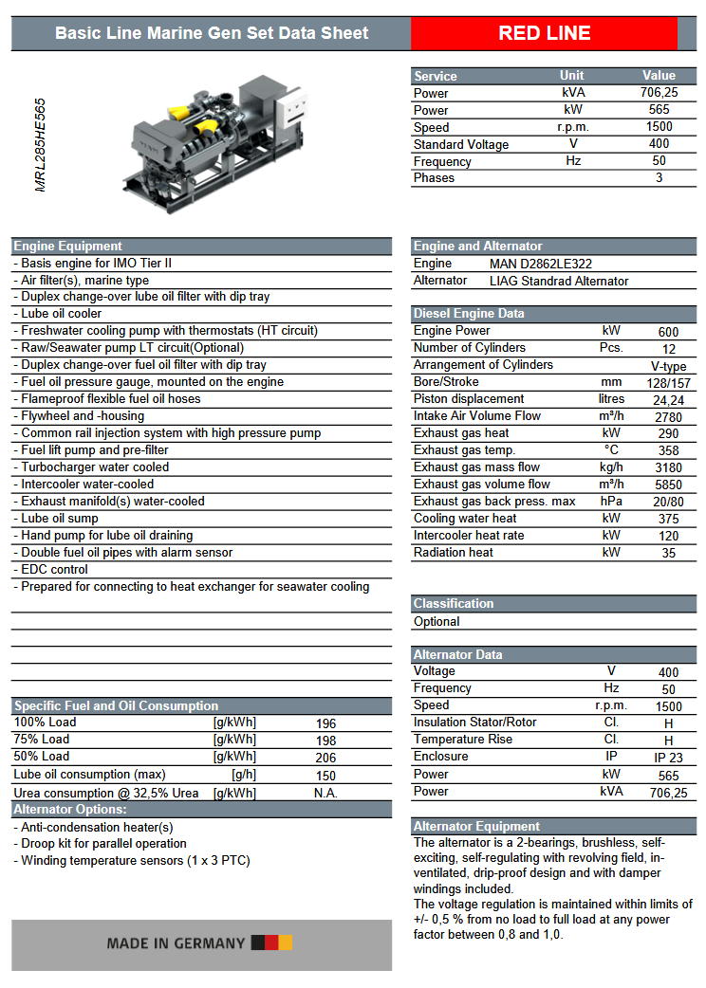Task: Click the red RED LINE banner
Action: click(545, 33)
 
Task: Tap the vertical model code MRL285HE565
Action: click(41, 144)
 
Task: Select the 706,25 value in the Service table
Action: click(659, 93)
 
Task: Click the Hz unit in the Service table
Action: click(573, 161)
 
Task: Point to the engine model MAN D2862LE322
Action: click(541, 264)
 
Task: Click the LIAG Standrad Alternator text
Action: click(559, 281)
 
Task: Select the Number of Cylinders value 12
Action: click(668, 349)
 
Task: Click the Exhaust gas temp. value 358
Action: click(668, 451)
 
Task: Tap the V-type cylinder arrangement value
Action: click(668, 366)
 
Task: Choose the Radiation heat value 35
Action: click(668, 554)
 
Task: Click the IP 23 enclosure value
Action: click(668, 758)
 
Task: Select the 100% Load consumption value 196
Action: click(325, 723)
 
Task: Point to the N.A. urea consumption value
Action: click(325, 793)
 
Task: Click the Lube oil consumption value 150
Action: click(325, 776)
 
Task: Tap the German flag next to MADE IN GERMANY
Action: click(271, 943)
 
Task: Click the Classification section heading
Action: click(454, 604)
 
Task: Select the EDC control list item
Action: click(54, 570)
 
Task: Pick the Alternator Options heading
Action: click(70, 810)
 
